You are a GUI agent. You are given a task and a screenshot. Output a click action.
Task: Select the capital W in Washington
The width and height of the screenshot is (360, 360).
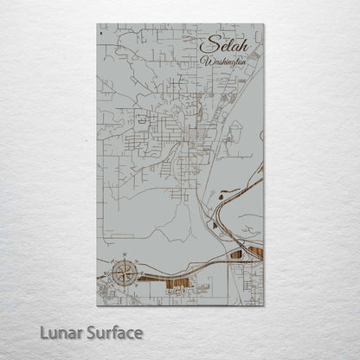click(x=204, y=62)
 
